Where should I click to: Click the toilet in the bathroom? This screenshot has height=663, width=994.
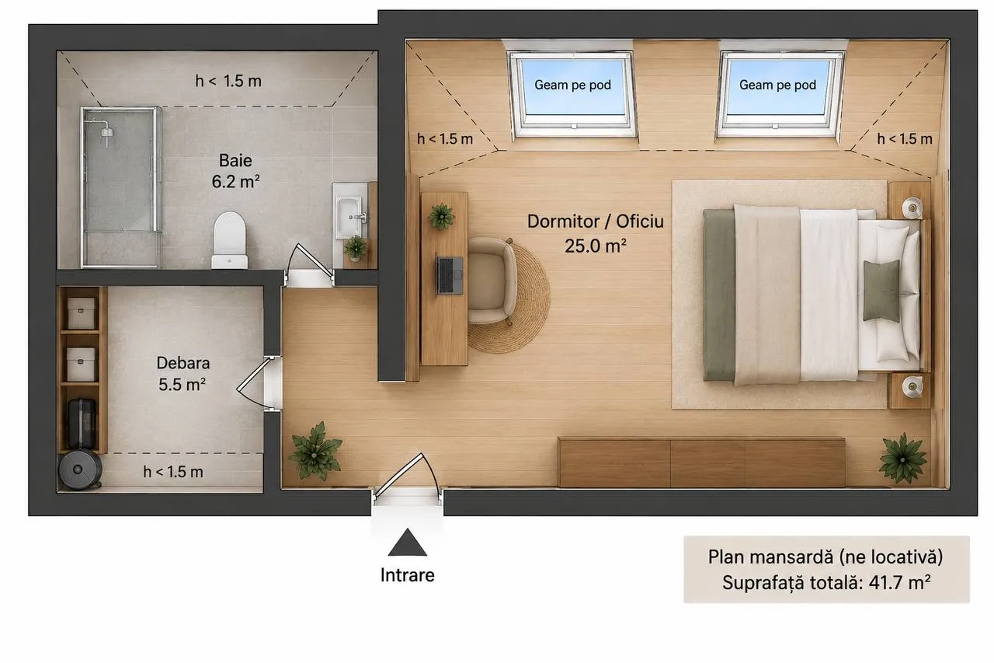click(229, 240)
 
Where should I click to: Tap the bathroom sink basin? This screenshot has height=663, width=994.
click(349, 217)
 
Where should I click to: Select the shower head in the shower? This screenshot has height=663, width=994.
click(107, 132)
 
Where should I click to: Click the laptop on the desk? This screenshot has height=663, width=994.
click(449, 275)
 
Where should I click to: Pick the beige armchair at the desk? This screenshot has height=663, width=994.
click(492, 281)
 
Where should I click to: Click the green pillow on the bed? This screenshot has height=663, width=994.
click(881, 291)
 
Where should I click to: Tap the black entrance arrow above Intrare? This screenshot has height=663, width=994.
click(408, 543)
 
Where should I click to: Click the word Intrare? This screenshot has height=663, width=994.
click(408, 575)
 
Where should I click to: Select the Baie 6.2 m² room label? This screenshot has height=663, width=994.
click(235, 171)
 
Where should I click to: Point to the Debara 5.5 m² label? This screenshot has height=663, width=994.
click(182, 373)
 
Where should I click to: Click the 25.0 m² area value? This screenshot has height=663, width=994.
click(596, 246)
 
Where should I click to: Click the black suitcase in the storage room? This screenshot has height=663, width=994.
click(82, 424)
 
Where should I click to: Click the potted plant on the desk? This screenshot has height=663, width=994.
click(441, 217)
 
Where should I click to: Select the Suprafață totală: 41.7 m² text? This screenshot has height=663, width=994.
click(825, 583)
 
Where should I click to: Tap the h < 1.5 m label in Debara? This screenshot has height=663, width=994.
click(173, 472)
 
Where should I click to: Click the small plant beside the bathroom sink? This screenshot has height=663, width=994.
click(356, 248)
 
